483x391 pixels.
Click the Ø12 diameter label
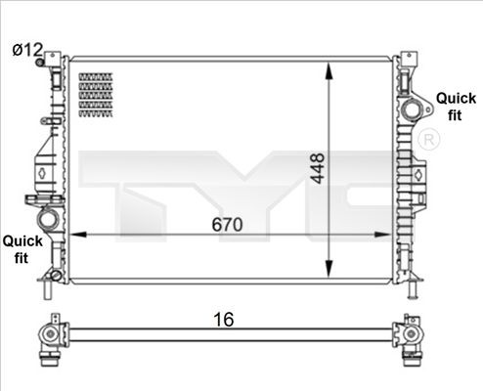(26, 49)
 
